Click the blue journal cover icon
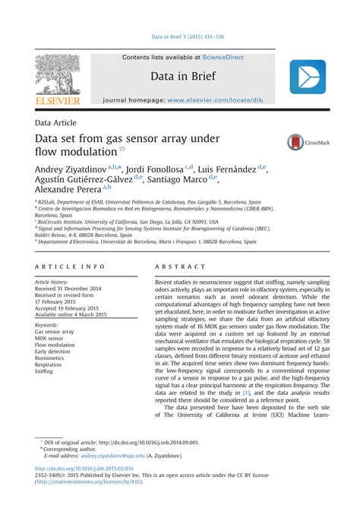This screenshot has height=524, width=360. point(307,77)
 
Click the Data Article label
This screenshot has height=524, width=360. point(62,122)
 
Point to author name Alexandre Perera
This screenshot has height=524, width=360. point(66,189)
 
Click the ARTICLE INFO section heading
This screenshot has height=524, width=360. point(70,267)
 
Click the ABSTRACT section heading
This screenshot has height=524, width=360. point(180,267)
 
